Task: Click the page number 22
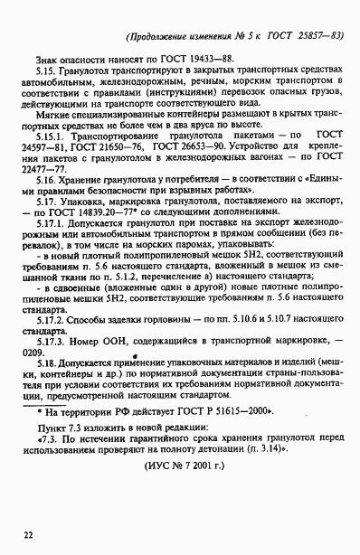pyautogui.click(x=29, y=536)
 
